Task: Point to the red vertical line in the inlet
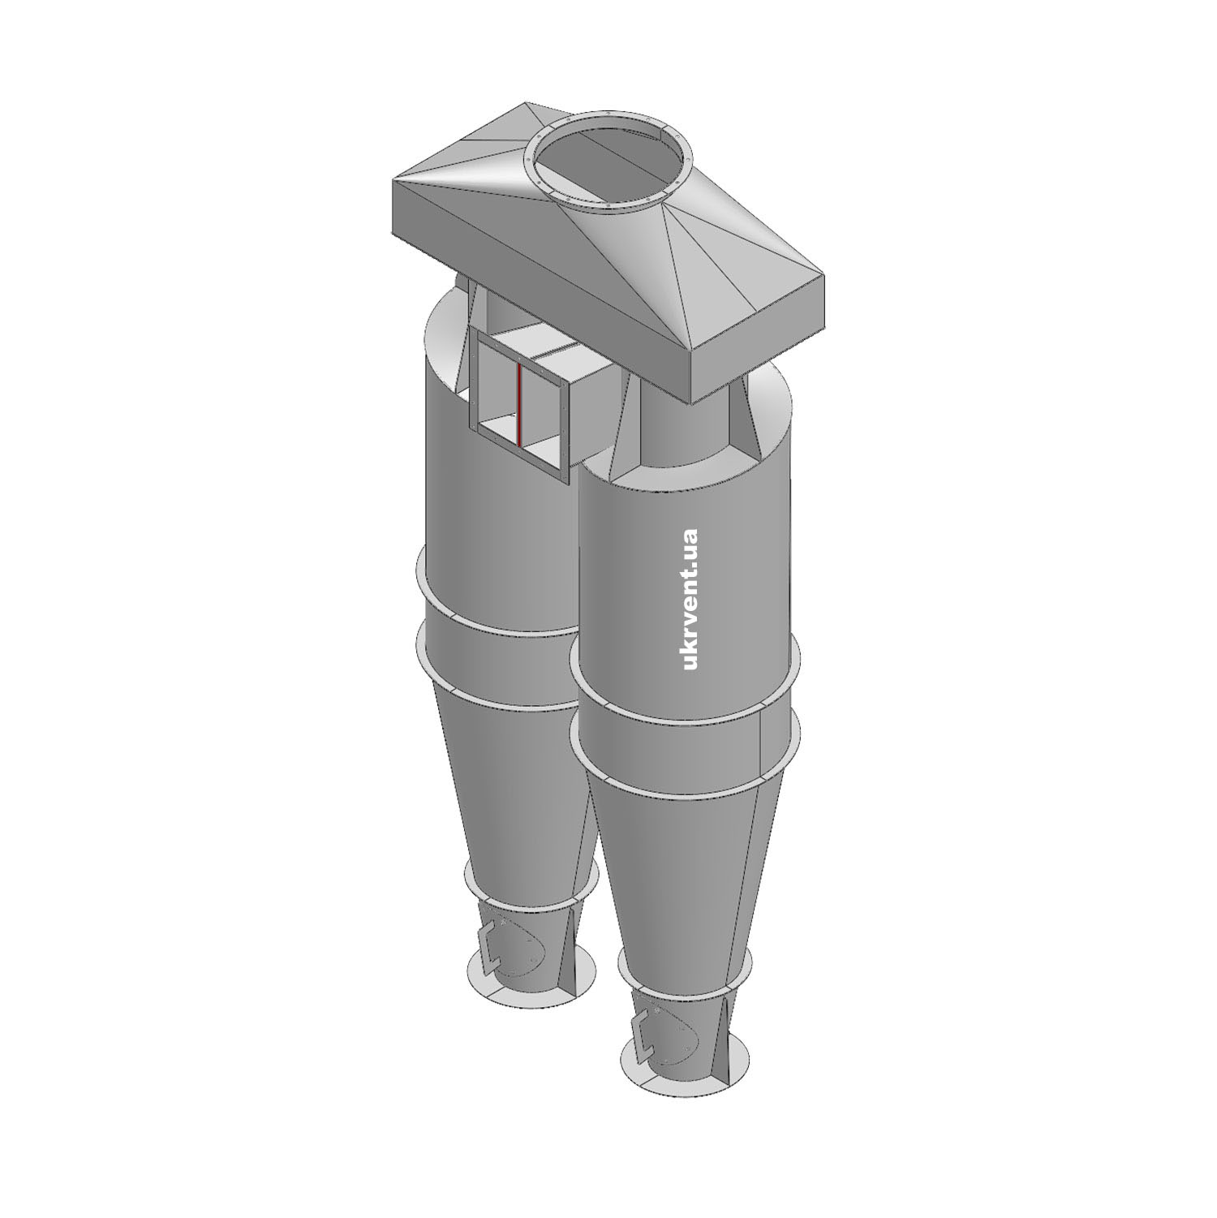click(518, 404)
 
